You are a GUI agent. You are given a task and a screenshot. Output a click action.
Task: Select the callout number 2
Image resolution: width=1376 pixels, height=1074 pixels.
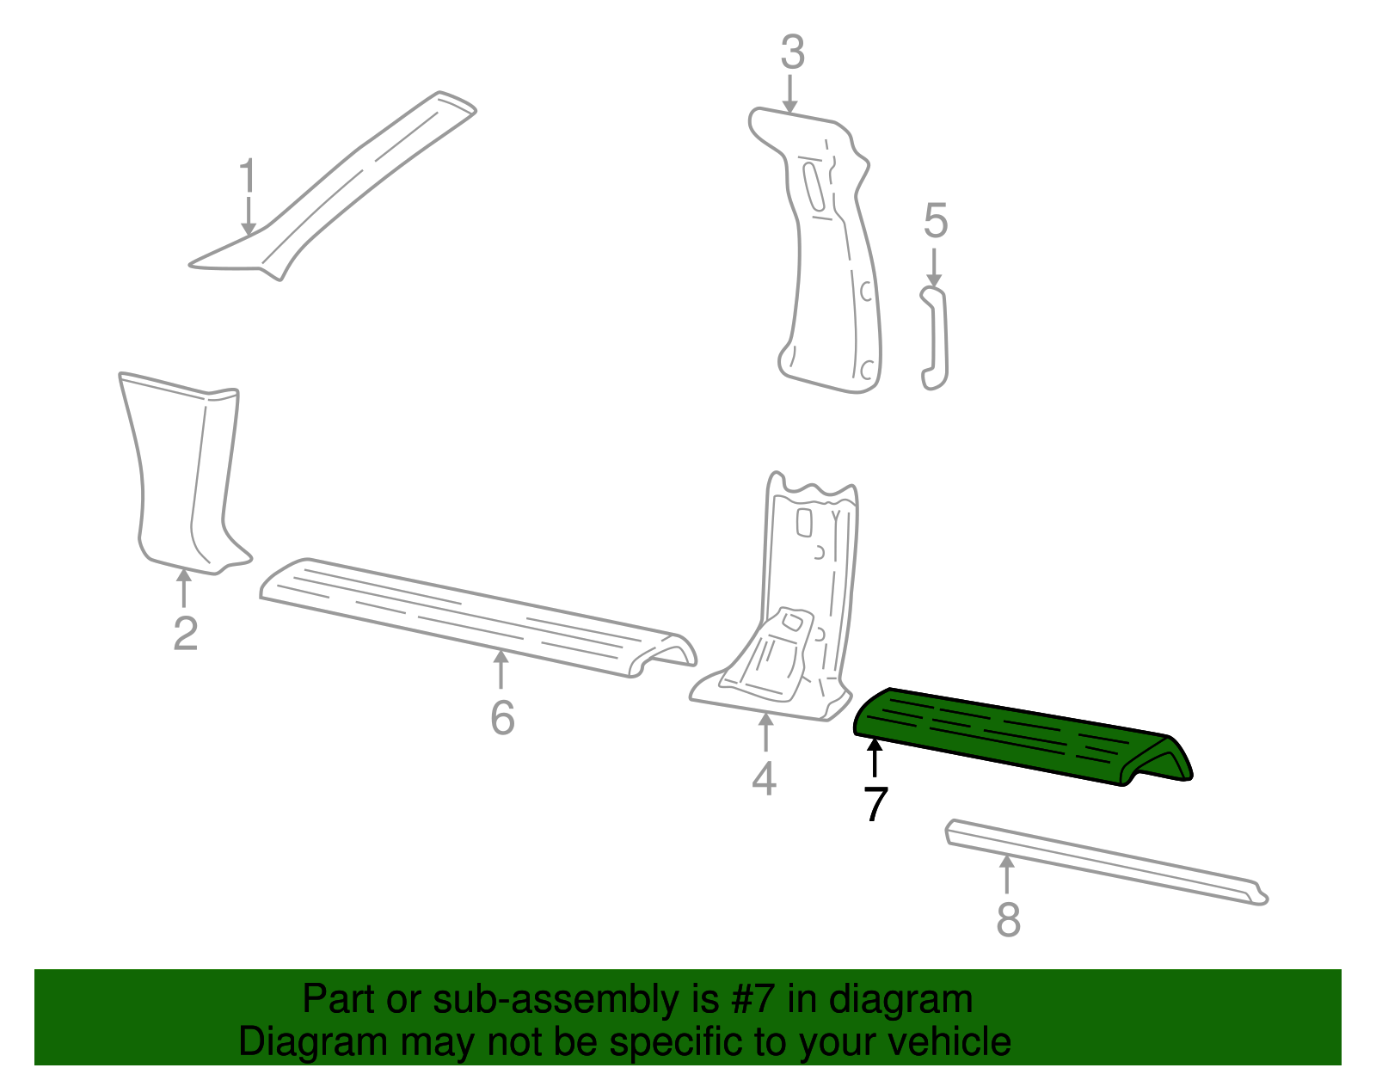185,634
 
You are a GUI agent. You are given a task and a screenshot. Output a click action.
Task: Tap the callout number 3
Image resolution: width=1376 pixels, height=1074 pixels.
792,52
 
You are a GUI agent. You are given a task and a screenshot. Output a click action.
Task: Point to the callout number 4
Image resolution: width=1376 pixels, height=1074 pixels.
764,779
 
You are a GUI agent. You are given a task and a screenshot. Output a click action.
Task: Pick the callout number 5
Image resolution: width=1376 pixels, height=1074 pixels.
936,222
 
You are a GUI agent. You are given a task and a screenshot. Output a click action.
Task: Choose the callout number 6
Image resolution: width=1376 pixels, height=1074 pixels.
502,717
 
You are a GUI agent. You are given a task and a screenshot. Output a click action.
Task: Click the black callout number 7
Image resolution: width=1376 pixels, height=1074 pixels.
875,804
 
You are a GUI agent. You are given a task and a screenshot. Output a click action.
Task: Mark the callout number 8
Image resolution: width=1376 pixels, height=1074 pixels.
1008,919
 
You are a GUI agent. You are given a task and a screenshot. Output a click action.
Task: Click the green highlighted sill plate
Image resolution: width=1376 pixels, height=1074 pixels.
1015,735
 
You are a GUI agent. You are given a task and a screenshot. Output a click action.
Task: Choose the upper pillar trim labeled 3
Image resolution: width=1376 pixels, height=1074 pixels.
826,258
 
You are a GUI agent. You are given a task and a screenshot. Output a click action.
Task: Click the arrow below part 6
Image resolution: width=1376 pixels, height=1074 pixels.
501,669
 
